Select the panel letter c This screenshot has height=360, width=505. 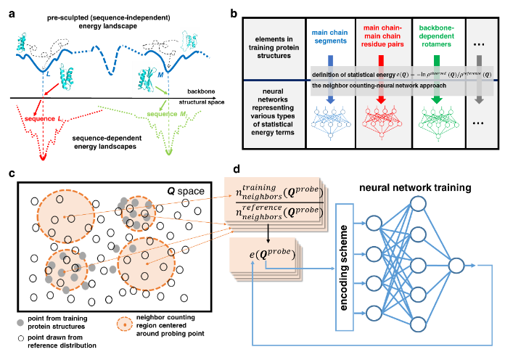(10, 172)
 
